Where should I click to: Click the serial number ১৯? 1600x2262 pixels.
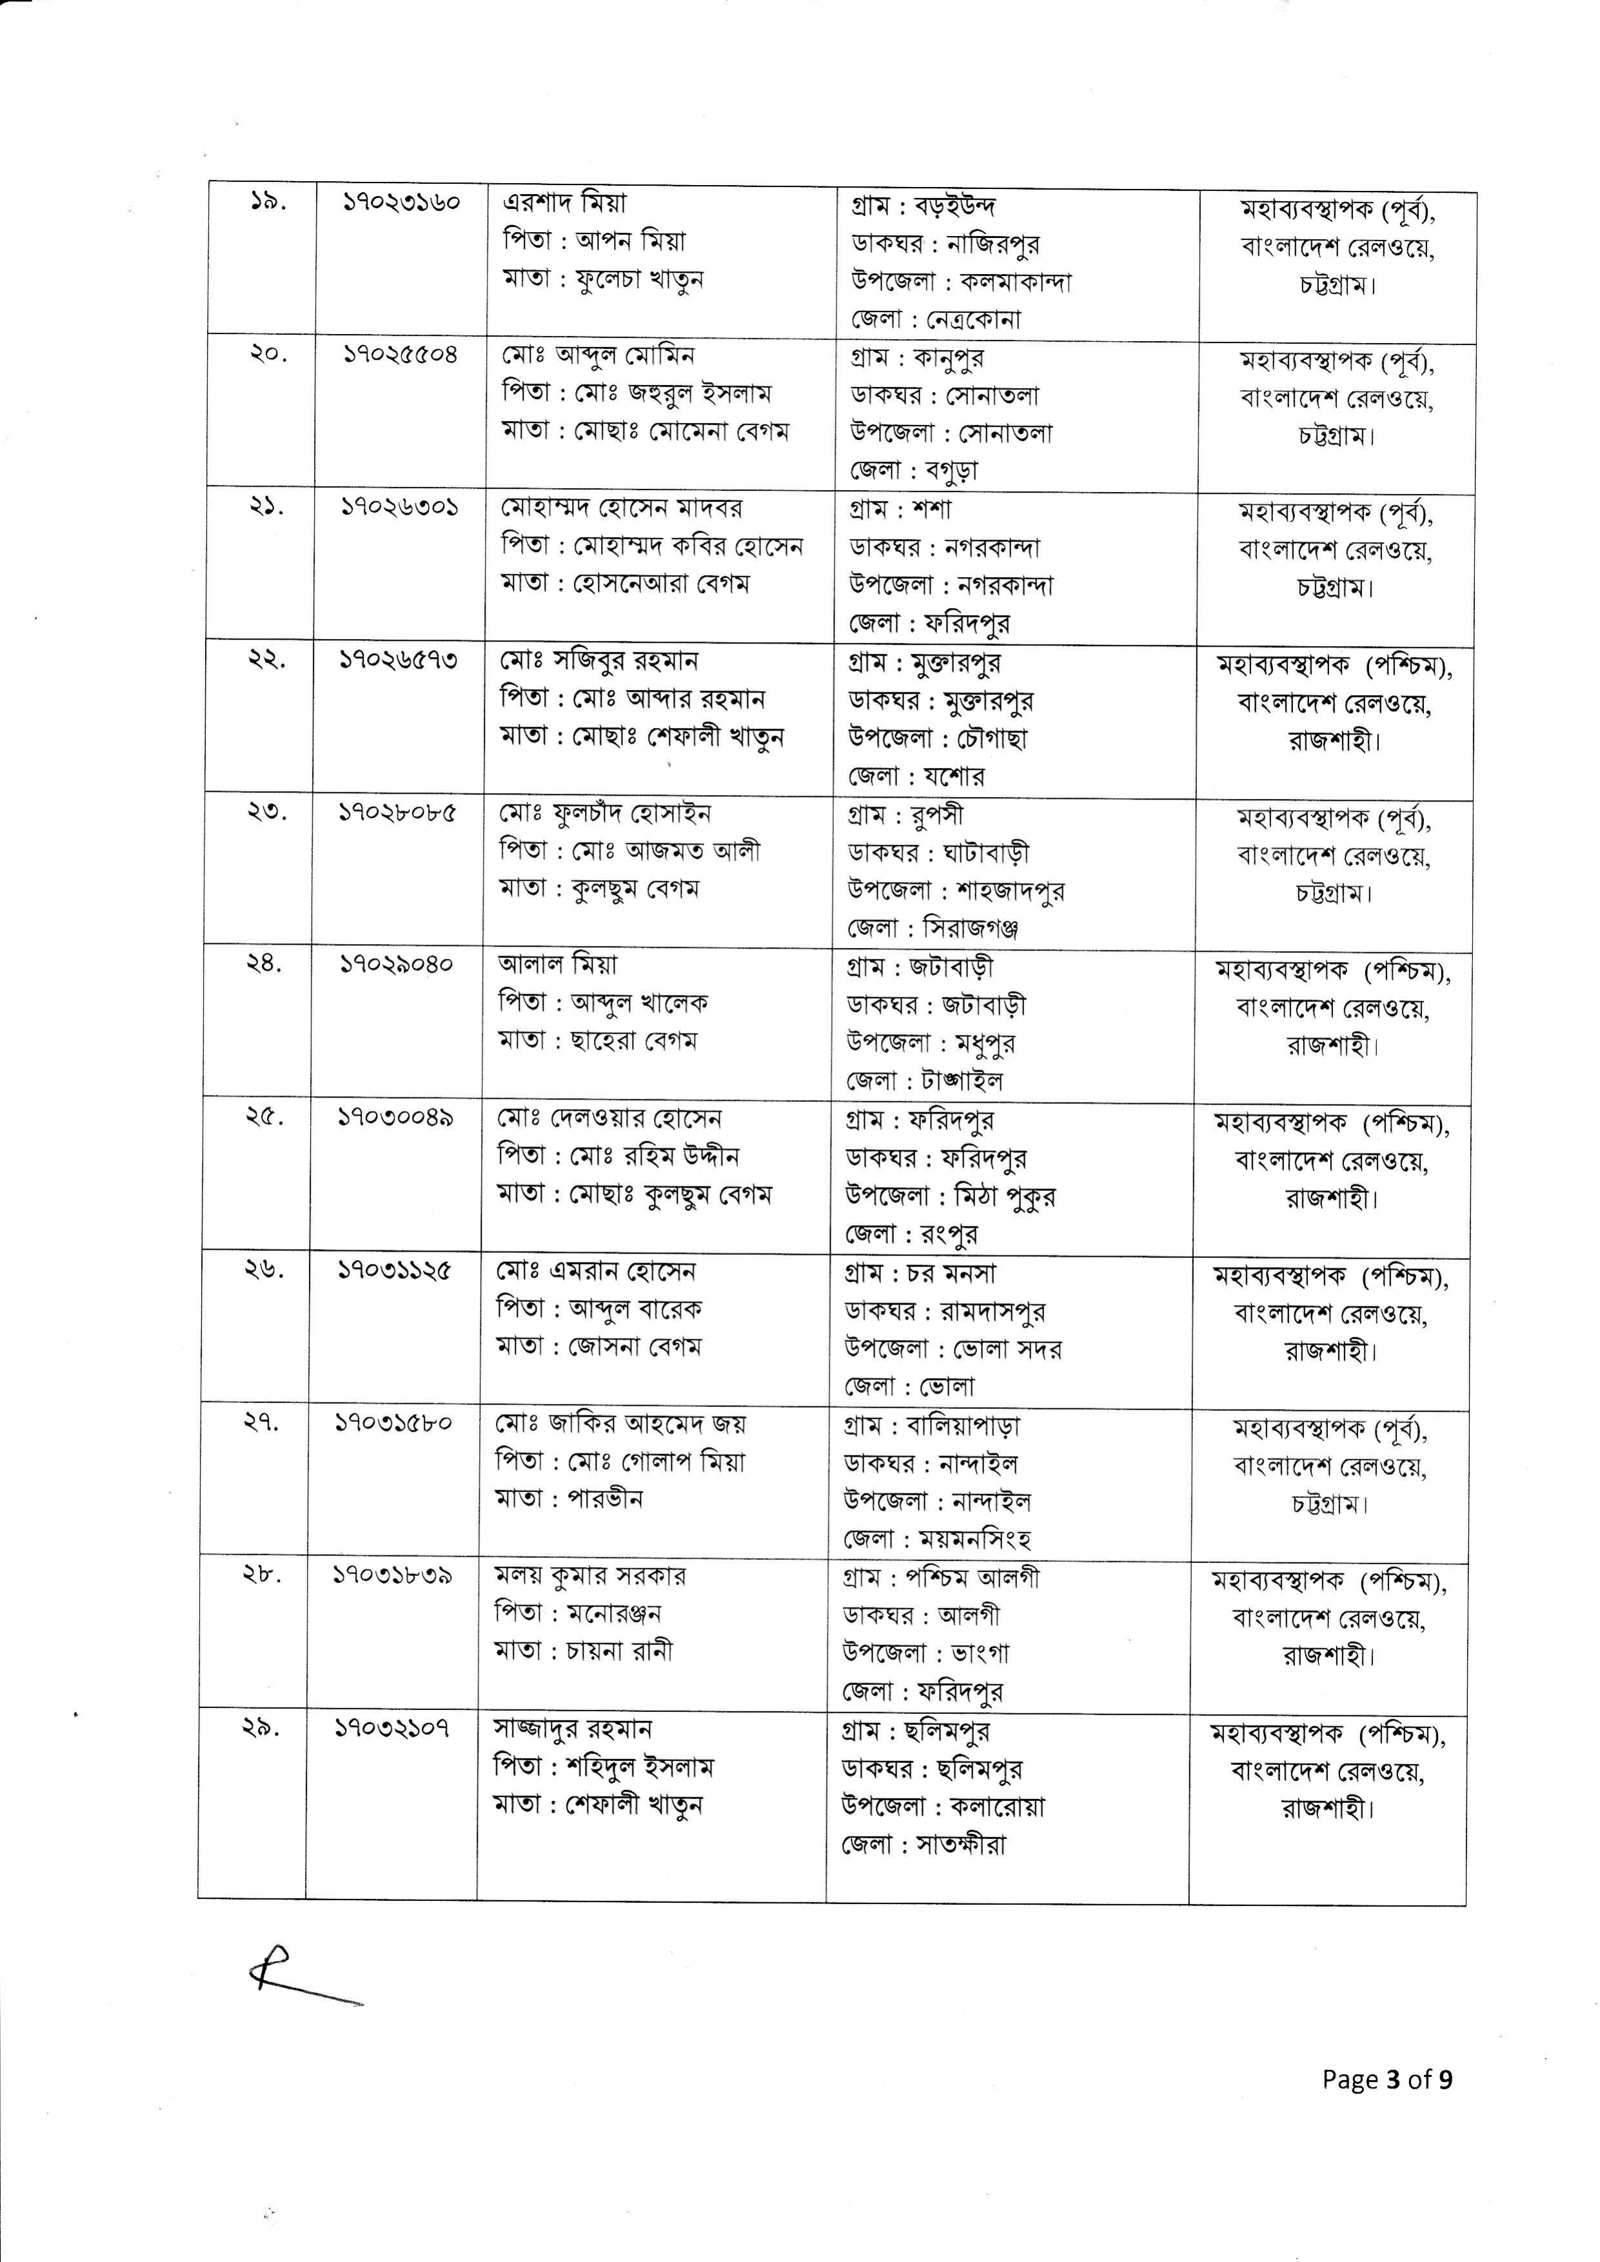pyautogui.click(x=266, y=206)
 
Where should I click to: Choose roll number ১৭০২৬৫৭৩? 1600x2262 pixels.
pyautogui.click(x=398, y=661)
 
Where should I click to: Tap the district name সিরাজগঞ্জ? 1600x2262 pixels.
pyautogui.click(x=971, y=928)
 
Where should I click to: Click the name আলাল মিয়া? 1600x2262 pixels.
pyautogui.click(x=558, y=965)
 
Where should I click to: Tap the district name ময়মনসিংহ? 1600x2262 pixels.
pyautogui.click(x=974, y=1538)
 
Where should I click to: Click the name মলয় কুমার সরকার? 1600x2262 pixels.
pyautogui.click(x=589, y=1575)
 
